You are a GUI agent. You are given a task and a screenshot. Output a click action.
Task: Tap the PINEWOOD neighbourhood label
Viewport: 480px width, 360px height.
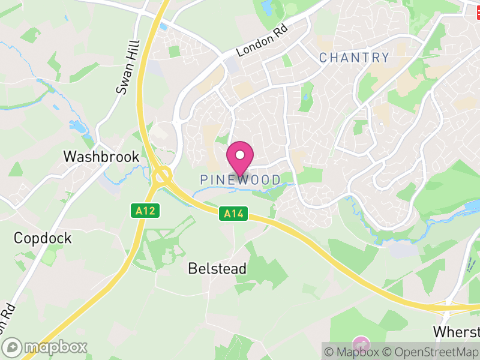tap(240, 180)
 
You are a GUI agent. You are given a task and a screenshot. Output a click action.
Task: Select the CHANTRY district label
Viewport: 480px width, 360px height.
tap(354, 58)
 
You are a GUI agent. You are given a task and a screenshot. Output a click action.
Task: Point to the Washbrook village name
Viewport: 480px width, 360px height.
tap(101, 157)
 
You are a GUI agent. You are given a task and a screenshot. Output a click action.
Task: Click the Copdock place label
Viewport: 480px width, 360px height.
tap(43, 238)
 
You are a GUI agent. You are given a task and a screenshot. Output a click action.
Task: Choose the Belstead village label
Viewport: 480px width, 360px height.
tap(217, 269)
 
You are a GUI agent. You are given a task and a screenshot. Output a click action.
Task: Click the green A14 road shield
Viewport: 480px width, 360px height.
tap(233, 213)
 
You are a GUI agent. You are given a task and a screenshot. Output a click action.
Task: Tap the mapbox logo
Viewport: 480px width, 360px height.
tap(46, 347)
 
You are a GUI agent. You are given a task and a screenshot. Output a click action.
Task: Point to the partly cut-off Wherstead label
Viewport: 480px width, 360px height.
tap(457, 332)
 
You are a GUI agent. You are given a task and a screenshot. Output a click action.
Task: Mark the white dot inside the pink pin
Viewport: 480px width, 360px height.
tap(240, 155)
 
